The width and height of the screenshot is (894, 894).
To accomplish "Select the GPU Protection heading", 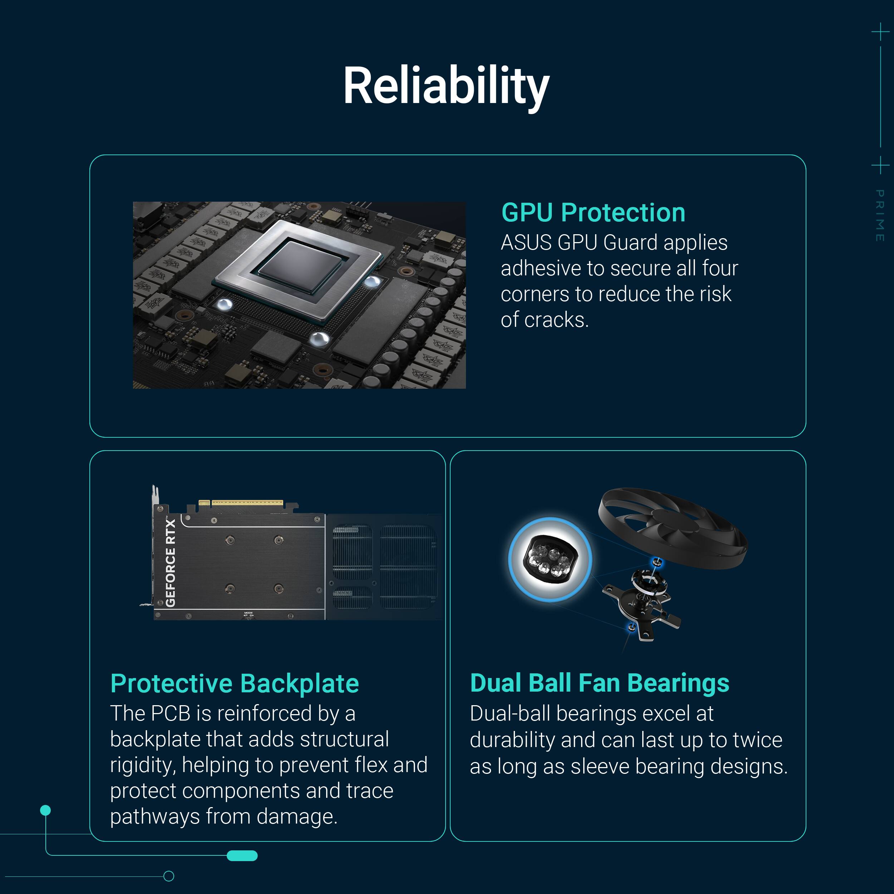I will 593,213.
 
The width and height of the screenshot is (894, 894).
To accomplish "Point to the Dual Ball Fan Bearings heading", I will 599,683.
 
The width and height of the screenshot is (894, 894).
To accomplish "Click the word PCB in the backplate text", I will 170,713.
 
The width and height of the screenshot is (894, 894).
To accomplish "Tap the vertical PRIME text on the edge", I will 880,215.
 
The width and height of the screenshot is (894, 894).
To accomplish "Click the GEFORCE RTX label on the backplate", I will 171,563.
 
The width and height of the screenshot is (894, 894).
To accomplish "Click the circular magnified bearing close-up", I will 550,559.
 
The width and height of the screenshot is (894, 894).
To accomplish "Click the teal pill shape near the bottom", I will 242,856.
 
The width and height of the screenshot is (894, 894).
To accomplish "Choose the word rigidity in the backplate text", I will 141,765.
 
